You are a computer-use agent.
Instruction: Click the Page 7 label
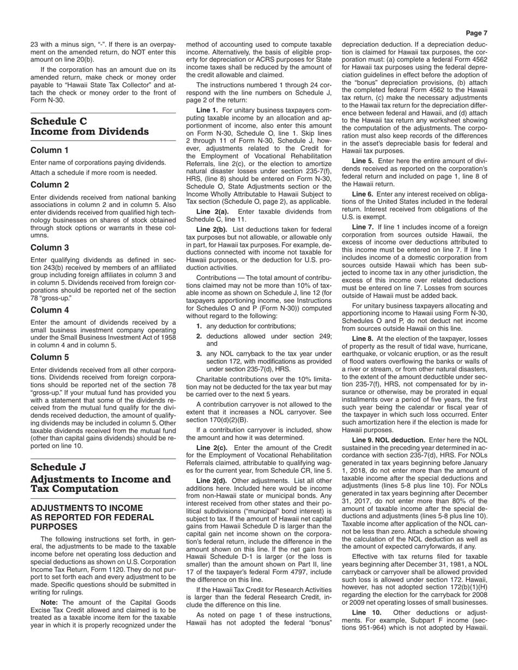477,33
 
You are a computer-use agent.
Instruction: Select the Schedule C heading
59,121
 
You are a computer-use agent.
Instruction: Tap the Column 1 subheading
50,150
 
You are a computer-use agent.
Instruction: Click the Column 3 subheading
50,247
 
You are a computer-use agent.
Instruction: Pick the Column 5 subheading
50,357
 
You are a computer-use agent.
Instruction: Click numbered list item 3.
199,354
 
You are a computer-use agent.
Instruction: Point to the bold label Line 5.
363,161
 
